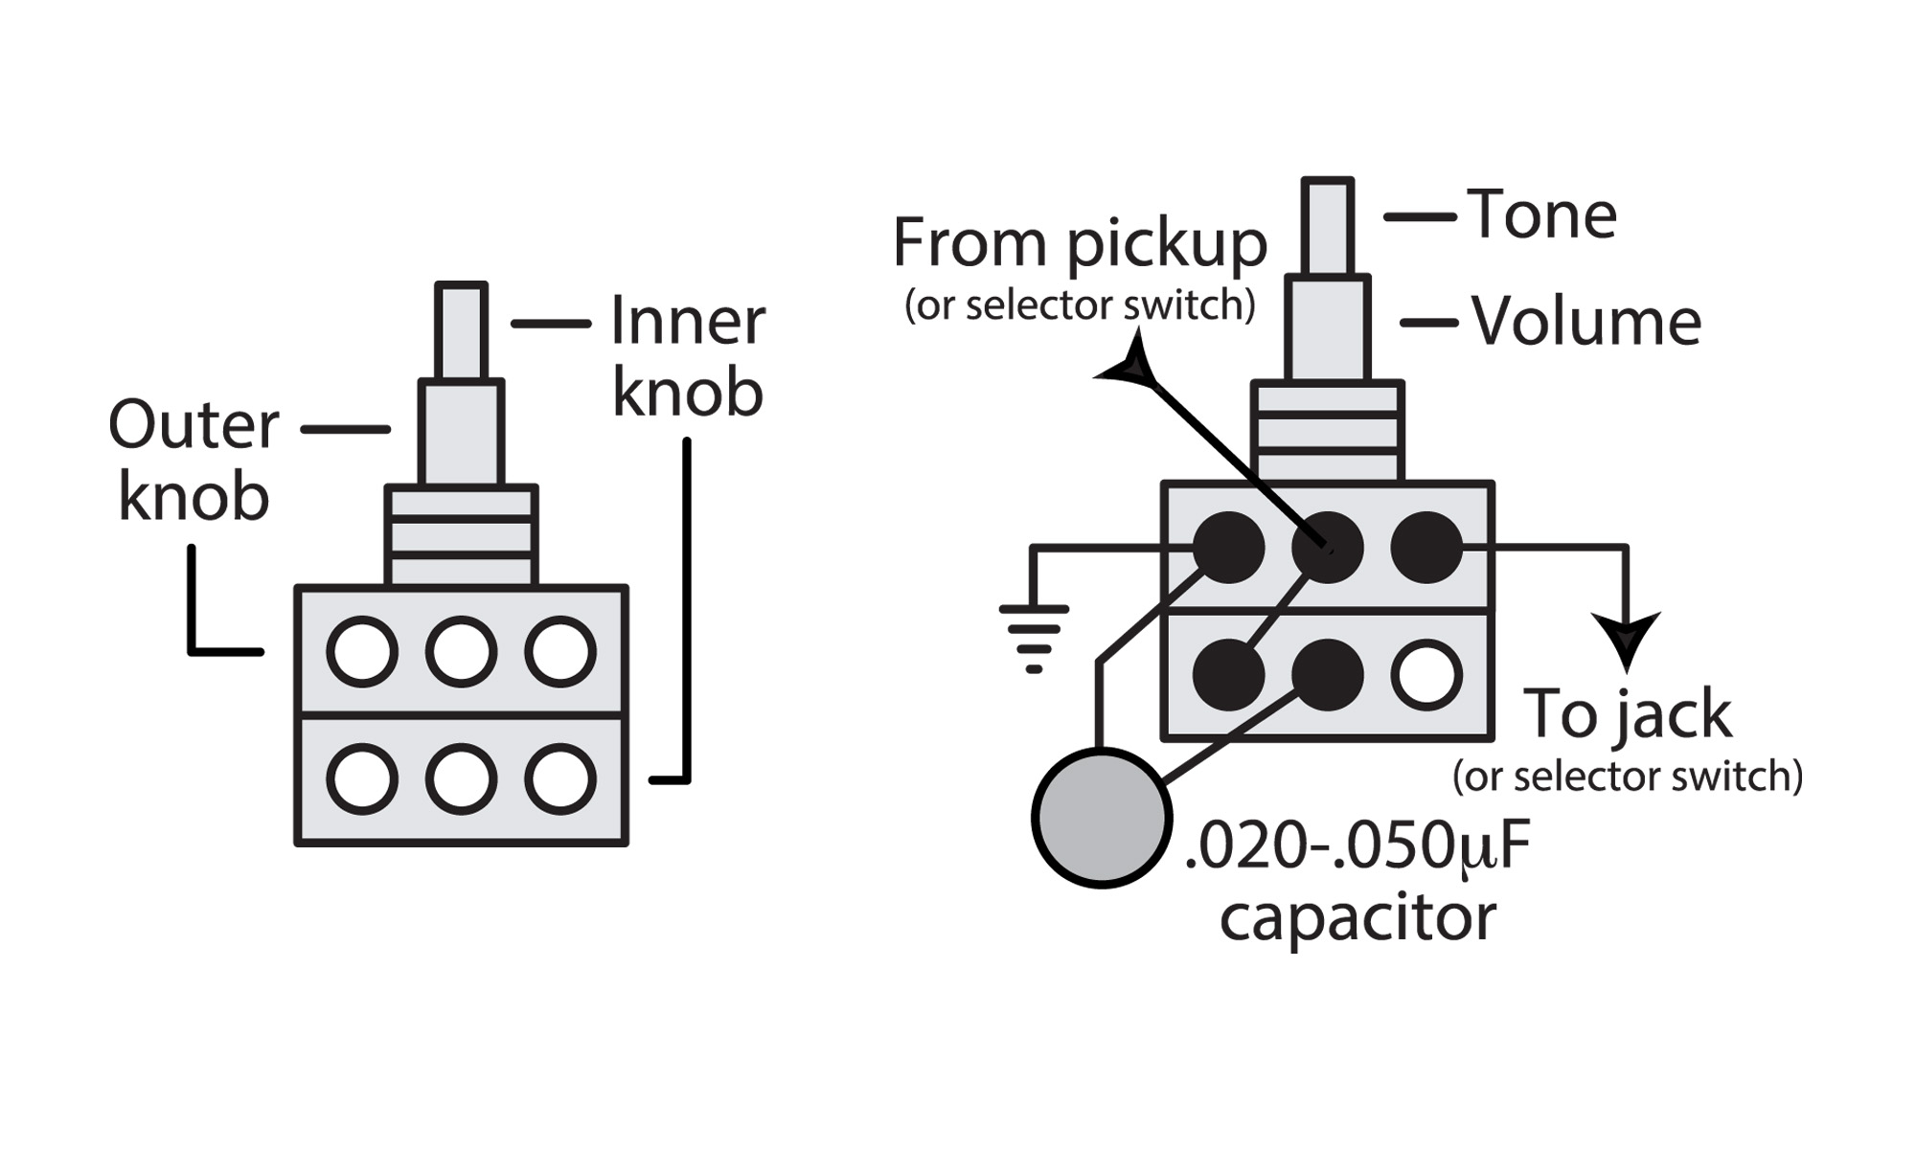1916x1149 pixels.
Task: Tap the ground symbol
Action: coord(1034,637)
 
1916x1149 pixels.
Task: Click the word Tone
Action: coord(1541,214)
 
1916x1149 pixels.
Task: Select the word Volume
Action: coord(1586,322)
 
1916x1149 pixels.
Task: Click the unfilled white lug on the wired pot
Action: coord(1426,675)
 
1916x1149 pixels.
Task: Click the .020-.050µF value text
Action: coord(1357,846)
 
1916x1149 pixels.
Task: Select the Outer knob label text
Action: coord(194,461)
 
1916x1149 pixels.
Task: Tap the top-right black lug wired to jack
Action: coord(1426,548)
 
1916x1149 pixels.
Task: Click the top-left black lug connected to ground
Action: coord(1228,548)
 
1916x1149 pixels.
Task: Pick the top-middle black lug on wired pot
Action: coord(1327,548)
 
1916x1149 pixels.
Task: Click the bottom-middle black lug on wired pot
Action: coord(1327,675)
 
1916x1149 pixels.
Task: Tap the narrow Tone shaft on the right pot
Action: coord(1327,227)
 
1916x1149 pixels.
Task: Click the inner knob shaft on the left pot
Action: coord(461,331)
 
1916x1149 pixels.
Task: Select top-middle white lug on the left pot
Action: coord(461,652)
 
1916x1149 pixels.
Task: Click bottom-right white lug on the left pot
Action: coord(560,779)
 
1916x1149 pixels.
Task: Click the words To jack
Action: coord(1628,714)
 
